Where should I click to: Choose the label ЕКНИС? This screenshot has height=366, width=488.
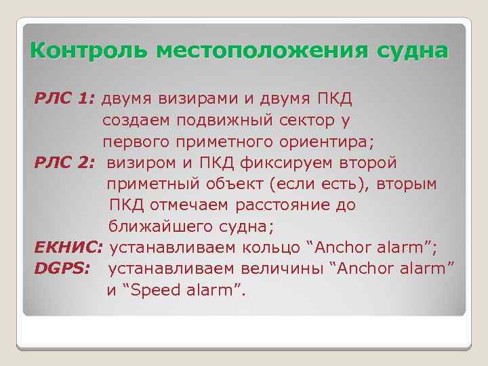[69, 247]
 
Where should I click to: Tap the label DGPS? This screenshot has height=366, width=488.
[62, 269]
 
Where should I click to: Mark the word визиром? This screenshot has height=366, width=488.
[146, 163]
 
